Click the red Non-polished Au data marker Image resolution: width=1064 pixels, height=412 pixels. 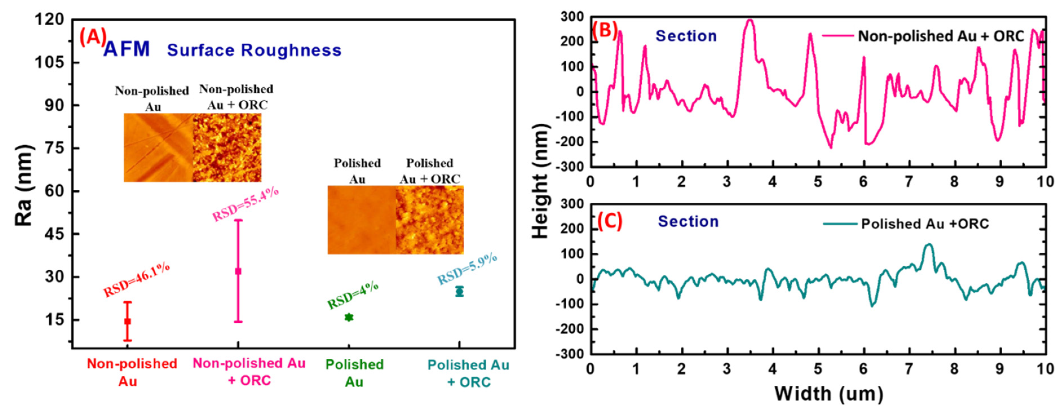(x=128, y=321)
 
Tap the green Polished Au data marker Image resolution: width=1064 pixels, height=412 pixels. (x=349, y=317)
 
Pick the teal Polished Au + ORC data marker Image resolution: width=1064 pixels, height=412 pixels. (x=459, y=291)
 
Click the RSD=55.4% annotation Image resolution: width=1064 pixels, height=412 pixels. (x=245, y=204)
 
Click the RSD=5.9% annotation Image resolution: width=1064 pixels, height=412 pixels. (x=467, y=269)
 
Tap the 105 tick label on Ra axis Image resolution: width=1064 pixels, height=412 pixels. (x=50, y=62)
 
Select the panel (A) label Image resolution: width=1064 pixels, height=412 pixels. (x=93, y=37)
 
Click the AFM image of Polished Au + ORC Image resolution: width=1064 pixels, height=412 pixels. (x=430, y=220)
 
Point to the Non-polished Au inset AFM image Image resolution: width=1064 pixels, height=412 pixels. (x=158, y=147)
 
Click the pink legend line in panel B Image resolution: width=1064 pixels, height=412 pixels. (x=838, y=36)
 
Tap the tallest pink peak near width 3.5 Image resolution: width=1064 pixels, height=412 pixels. (x=750, y=21)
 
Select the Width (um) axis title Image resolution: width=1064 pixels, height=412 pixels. (x=829, y=393)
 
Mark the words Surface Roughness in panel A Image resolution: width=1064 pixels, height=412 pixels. (x=254, y=50)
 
